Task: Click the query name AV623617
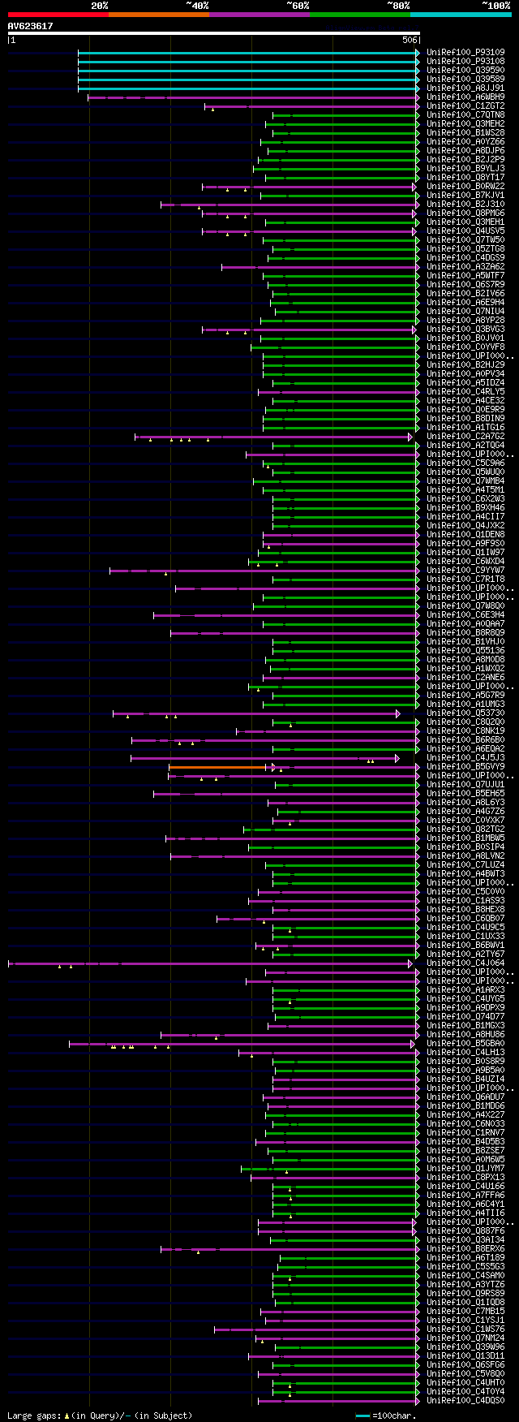[30, 26]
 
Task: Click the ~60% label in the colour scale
[298, 6]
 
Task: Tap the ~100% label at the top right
[495, 6]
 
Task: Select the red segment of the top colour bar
[58, 15]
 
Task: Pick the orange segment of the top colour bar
[158, 15]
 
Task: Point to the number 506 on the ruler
[410, 40]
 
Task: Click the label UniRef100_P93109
[465, 53]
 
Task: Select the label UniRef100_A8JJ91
[465, 88]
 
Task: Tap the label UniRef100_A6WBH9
[465, 97]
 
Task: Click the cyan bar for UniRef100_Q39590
[247, 71]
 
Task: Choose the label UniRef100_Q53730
[465, 713]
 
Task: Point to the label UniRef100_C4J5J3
[465, 758]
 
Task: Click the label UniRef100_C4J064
[465, 963]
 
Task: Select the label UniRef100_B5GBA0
[465, 1044]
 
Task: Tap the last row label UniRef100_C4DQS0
[465, 1401]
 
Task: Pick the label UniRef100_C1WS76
[465, 1329]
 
